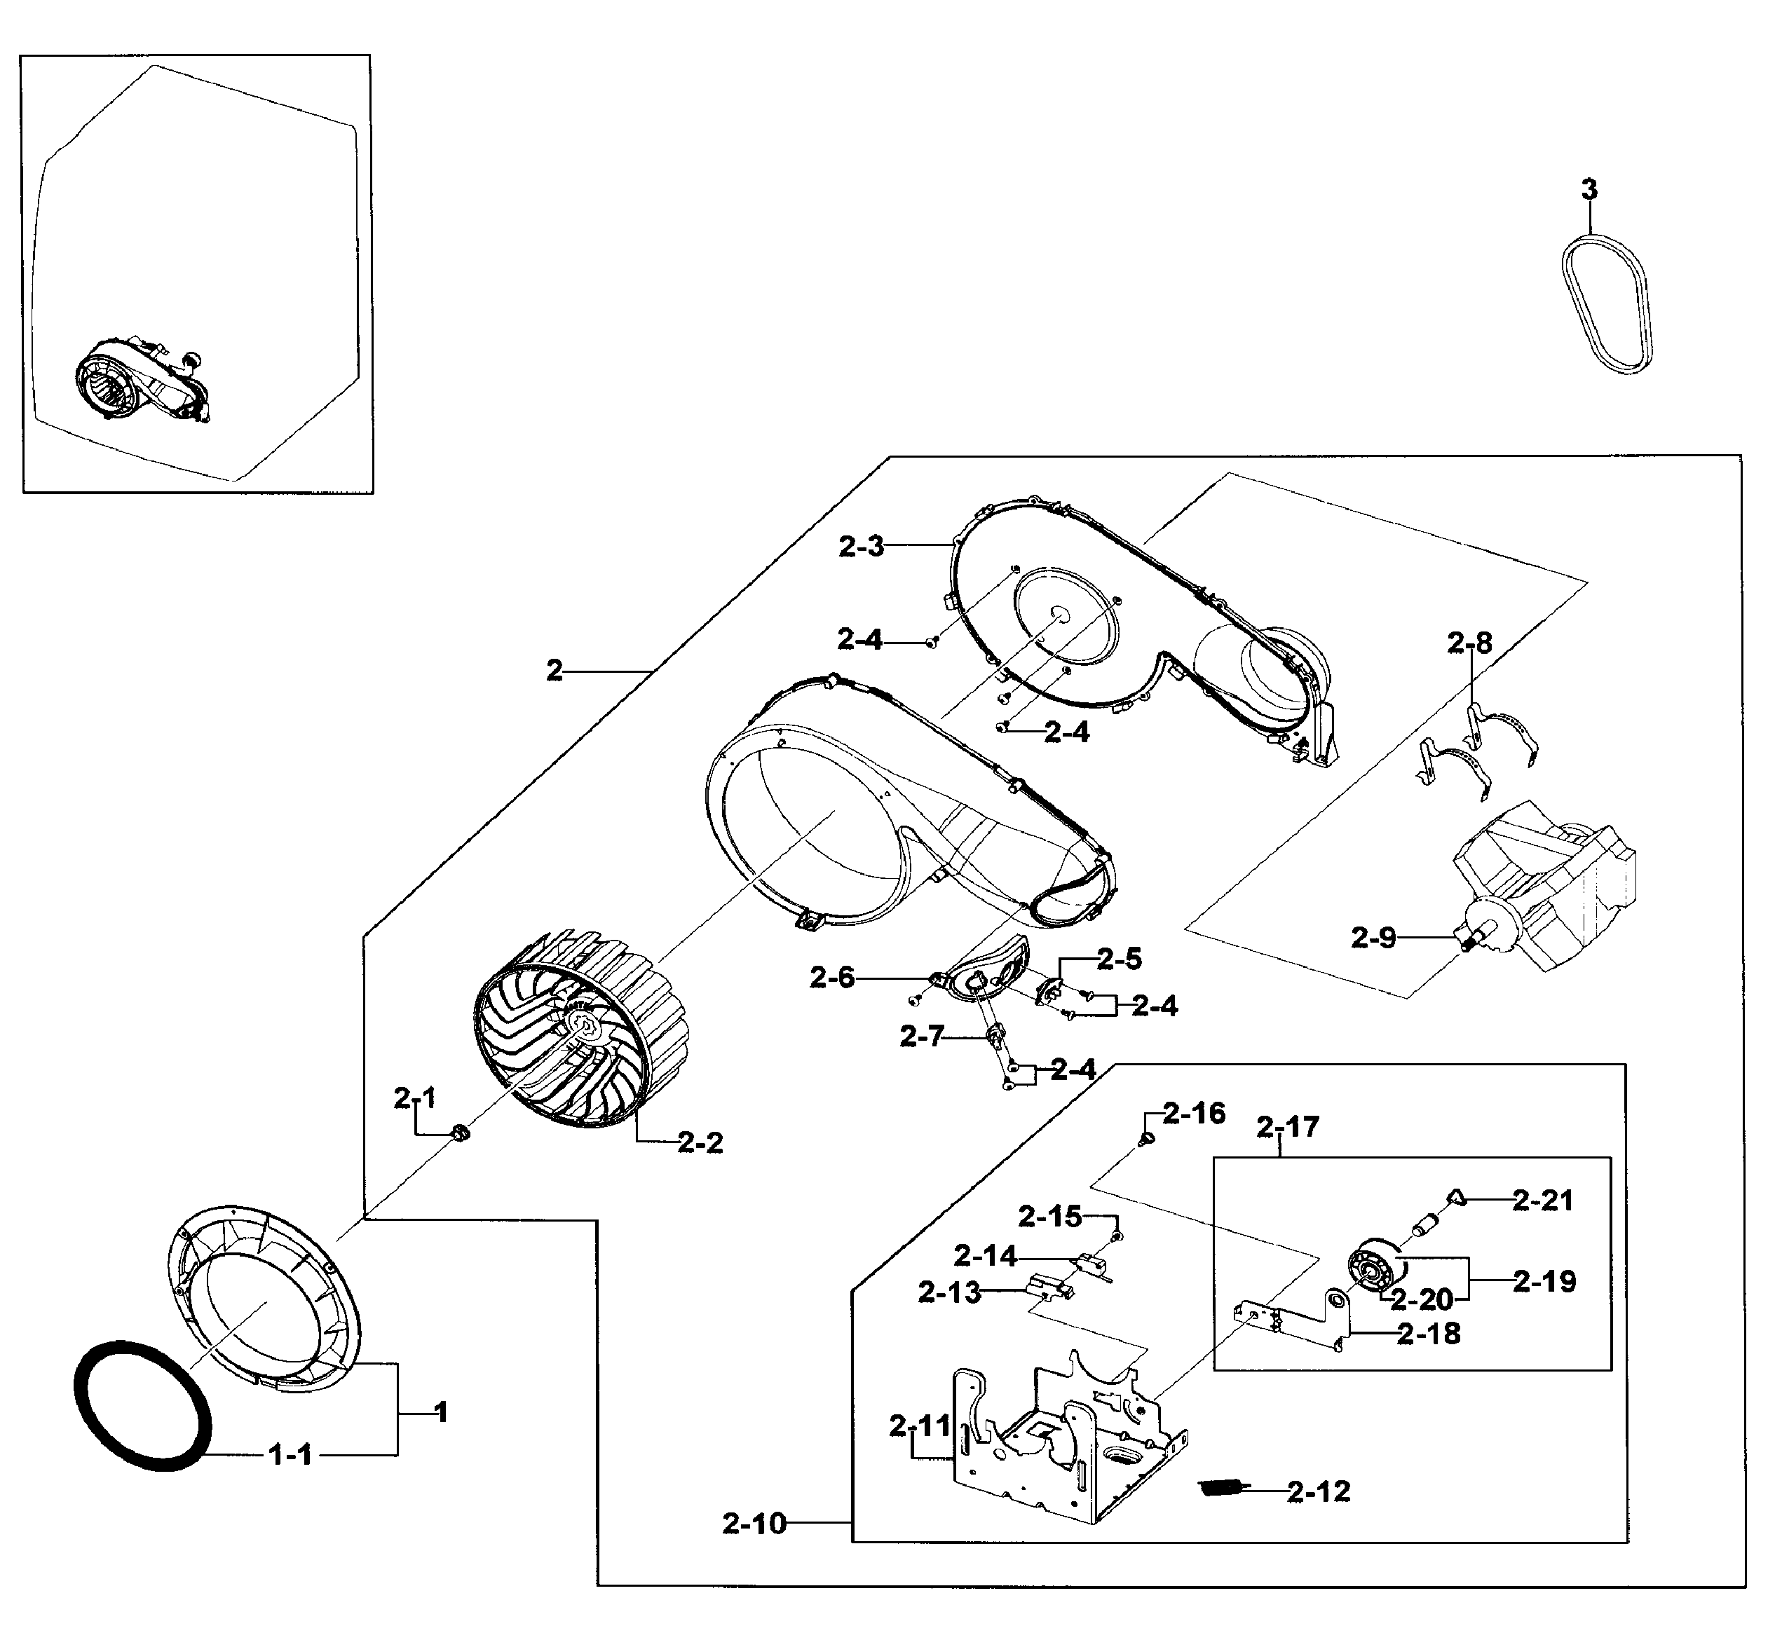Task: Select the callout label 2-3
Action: pyautogui.click(x=860, y=547)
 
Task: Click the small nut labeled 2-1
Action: pyautogui.click(x=460, y=1134)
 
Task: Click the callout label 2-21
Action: pyautogui.click(x=1542, y=1201)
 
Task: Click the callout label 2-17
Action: pyautogui.click(x=1287, y=1128)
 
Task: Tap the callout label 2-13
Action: pyautogui.click(x=949, y=1292)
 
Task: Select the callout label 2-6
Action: pyautogui.click(x=831, y=978)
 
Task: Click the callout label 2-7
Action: pyautogui.click(x=921, y=1037)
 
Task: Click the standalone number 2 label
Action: pyautogui.click(x=555, y=670)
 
